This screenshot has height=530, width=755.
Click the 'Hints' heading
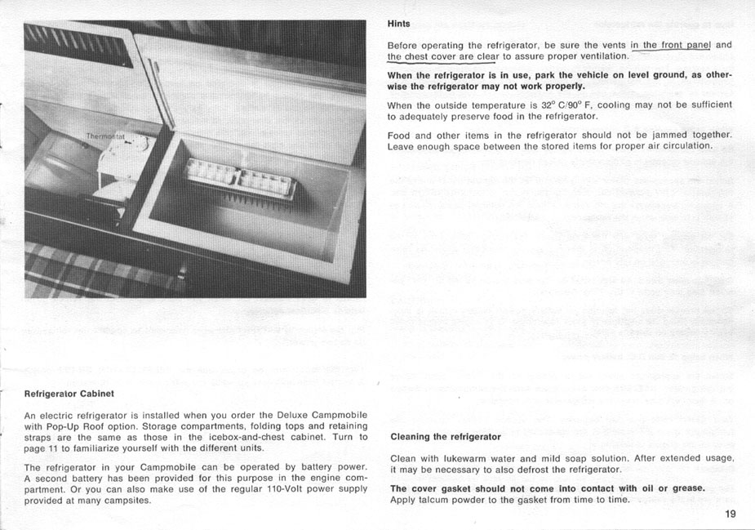point(398,24)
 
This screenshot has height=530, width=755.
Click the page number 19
point(729,514)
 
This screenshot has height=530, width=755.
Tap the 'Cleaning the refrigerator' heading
point(445,437)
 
